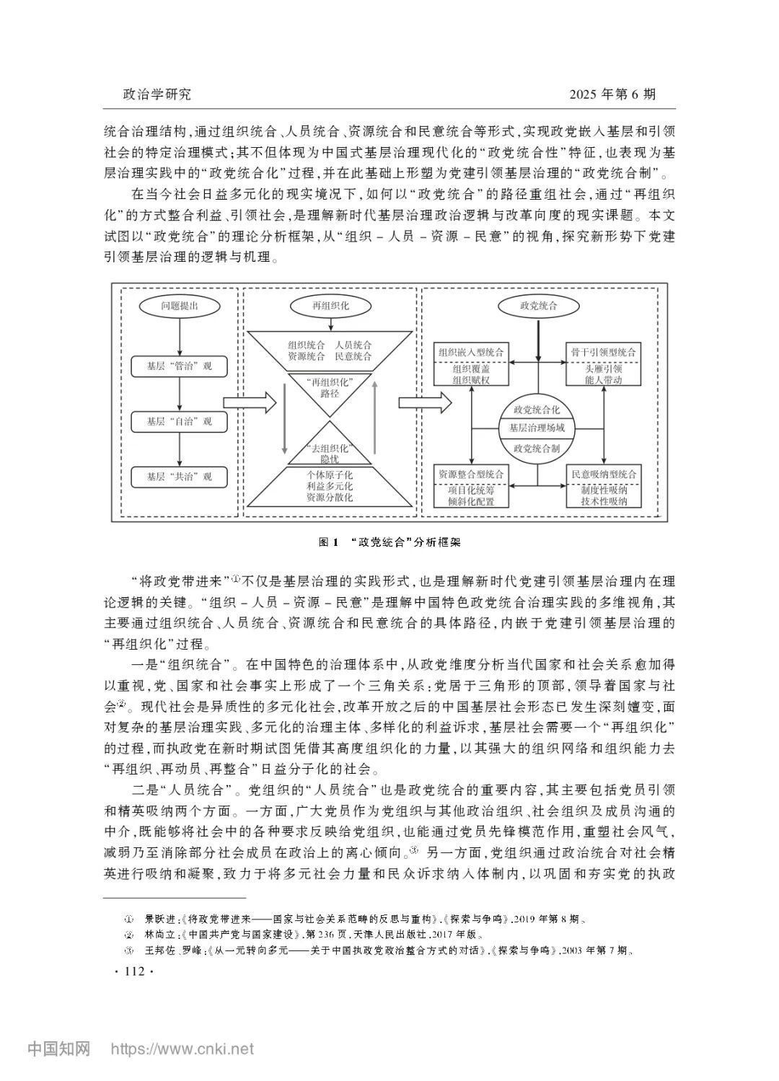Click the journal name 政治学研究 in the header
[157, 94]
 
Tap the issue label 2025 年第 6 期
[612, 94]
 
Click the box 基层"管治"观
[179, 366]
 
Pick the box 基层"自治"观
[179, 421]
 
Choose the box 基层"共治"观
[179, 477]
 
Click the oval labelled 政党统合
[538, 306]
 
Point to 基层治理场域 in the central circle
[537, 428]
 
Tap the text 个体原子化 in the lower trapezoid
[330, 476]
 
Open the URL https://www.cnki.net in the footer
[181, 1049]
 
